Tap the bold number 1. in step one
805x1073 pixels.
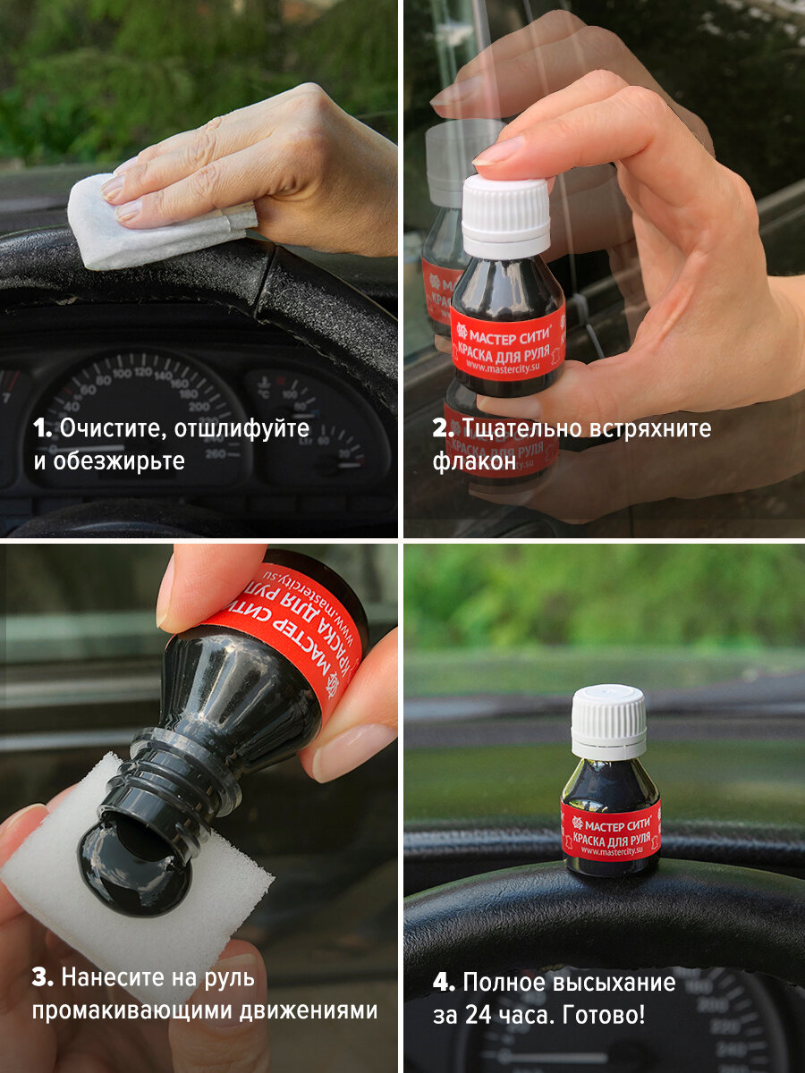[43, 428]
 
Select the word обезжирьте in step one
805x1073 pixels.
[119, 461]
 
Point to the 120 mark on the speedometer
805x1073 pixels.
[143, 372]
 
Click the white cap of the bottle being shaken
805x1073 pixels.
[506, 212]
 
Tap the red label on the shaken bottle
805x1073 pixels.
[508, 344]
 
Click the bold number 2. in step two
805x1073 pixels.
[444, 428]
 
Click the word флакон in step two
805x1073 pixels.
[474, 460]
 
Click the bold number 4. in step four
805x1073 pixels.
[444, 983]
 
